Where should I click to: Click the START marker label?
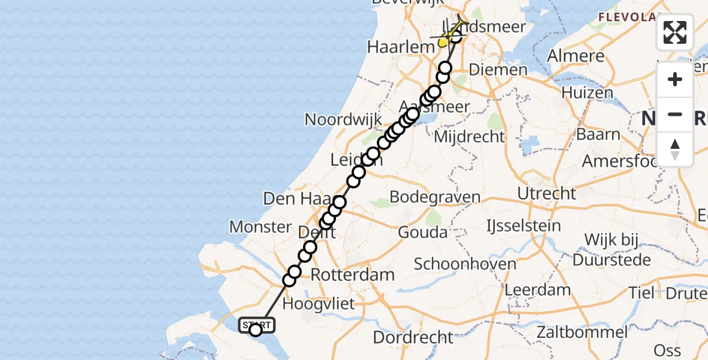[257, 325]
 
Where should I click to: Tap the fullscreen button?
[675, 32]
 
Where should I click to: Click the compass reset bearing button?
[675, 149]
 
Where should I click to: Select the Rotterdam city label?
[353, 275]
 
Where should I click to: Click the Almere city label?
[576, 56]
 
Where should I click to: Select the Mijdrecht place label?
[469, 137]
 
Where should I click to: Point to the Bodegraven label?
[435, 197]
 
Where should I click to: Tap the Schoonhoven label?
[465, 263]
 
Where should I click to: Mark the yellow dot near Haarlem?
[443, 42]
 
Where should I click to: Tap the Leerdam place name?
[538, 290]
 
